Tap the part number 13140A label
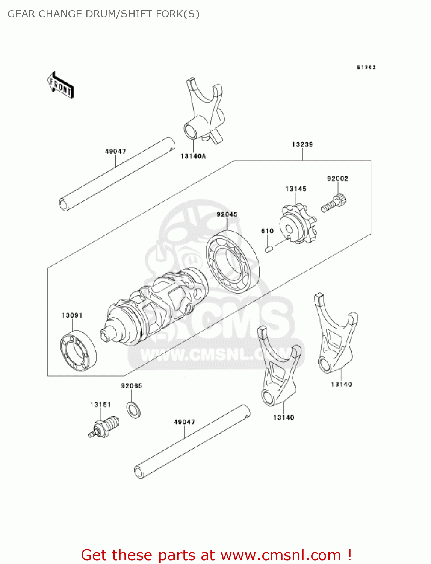coord(193,156)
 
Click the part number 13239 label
coord(302,144)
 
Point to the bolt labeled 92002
coord(334,203)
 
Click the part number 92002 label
coord(337,179)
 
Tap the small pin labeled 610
coord(268,249)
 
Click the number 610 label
coord(267,231)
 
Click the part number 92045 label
coord(227,214)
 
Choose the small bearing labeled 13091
coord(79,350)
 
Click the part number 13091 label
coord(72,315)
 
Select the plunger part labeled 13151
coord(105,428)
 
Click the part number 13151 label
coord(100,405)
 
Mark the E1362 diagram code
coord(366,67)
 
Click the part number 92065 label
coord(131,386)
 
